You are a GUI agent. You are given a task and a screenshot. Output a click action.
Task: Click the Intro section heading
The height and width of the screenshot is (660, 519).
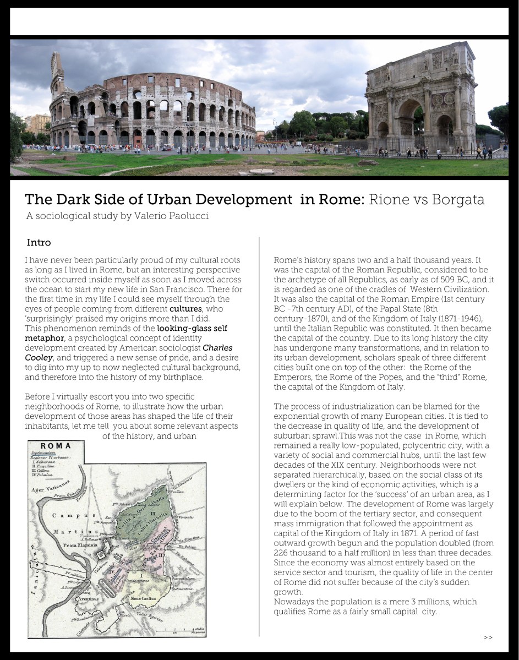(39, 243)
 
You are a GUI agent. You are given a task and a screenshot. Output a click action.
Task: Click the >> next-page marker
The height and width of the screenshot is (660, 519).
(488, 637)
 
